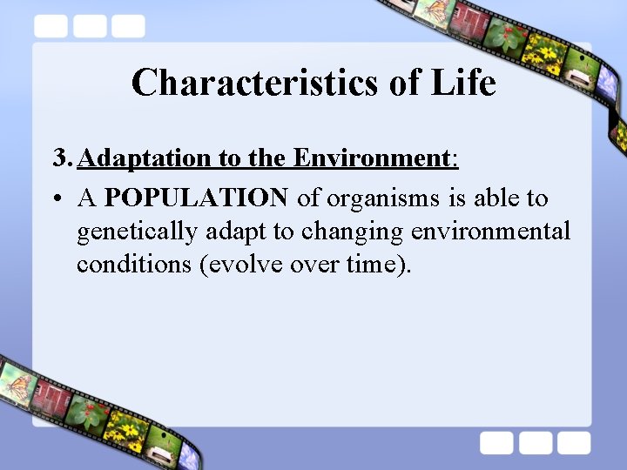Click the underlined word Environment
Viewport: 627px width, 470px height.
[x=370, y=158]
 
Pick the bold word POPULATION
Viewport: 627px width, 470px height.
[x=196, y=198]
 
